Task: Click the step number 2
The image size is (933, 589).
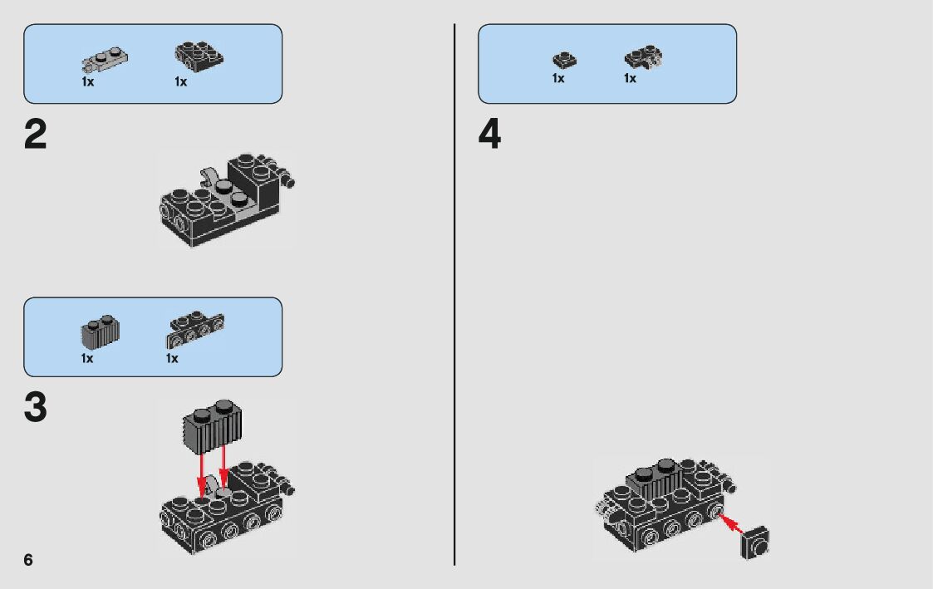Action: [36, 135]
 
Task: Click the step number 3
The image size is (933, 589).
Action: [36, 408]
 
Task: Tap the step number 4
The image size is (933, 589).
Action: [490, 135]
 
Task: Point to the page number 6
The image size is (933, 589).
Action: [28, 560]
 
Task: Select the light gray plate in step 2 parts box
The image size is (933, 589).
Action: [105, 60]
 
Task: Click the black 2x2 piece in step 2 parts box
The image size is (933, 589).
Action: [199, 56]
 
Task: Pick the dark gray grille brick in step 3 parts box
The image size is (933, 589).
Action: [101, 331]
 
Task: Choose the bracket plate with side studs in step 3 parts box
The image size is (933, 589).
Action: [195, 329]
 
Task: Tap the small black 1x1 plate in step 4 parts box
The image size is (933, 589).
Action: [564, 60]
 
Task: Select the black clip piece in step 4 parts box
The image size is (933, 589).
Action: [642, 58]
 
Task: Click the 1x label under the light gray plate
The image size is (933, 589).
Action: [87, 82]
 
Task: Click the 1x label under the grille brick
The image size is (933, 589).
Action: [87, 358]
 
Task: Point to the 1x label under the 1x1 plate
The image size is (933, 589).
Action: [558, 78]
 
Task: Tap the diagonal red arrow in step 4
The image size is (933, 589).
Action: [729, 524]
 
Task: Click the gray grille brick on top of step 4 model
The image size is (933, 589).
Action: [659, 477]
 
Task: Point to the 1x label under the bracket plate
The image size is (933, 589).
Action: [172, 358]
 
